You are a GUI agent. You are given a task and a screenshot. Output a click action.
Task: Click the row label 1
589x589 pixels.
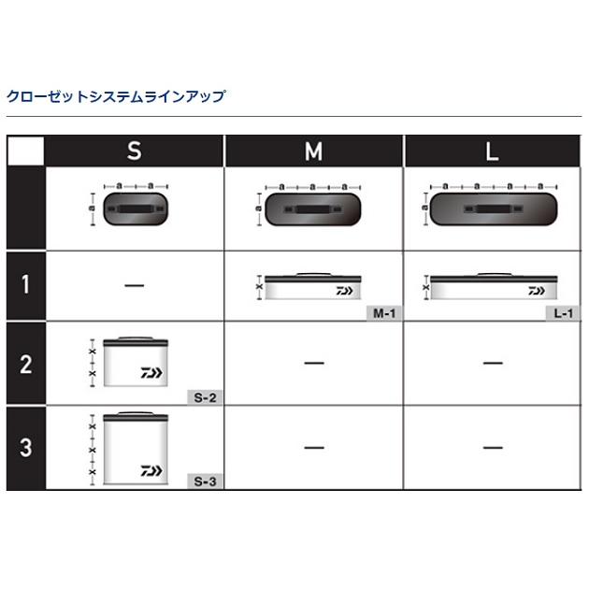tap(26, 284)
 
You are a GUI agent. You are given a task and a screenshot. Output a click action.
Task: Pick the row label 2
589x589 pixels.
tap(26, 364)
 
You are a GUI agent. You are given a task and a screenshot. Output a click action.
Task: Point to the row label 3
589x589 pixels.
tap(26, 447)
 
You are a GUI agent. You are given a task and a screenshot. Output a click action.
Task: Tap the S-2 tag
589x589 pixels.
tap(205, 396)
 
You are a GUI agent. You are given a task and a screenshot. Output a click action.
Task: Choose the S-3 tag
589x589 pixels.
tap(205, 481)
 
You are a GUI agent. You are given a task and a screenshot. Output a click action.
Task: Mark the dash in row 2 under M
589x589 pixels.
tap(313, 363)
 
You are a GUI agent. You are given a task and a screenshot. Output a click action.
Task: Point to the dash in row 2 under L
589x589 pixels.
tap(493, 363)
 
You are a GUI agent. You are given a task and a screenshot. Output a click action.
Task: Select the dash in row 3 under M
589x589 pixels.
tap(313, 448)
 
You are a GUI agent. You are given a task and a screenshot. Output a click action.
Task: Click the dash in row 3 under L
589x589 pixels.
tap(493, 448)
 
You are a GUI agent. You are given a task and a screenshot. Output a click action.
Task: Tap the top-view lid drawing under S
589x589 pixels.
tap(135, 209)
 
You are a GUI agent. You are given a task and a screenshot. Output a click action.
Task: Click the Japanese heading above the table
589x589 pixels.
tap(116, 96)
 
